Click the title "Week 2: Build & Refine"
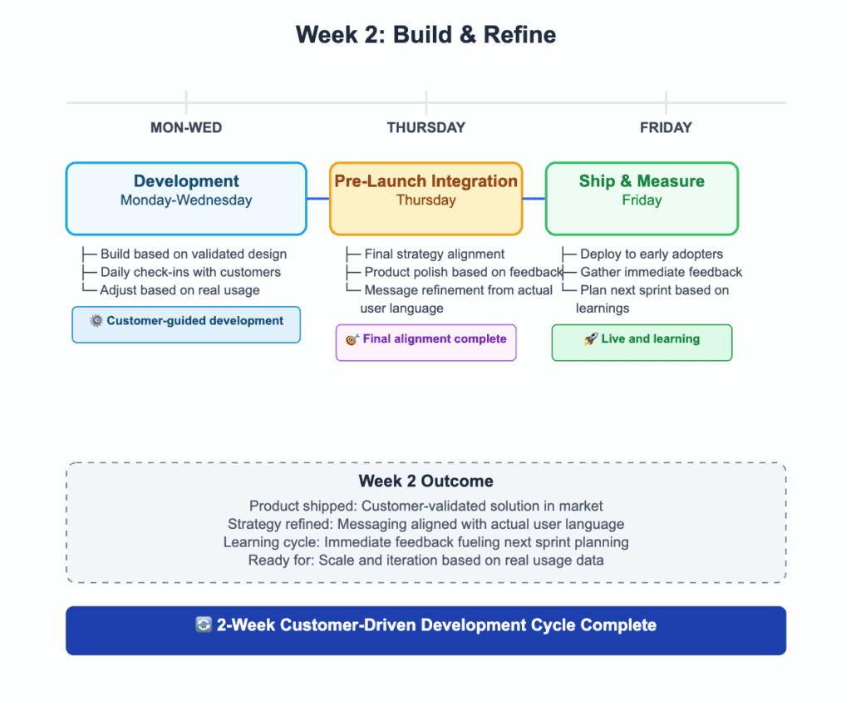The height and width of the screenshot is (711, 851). tap(425, 35)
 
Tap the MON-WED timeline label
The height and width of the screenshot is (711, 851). tap(186, 127)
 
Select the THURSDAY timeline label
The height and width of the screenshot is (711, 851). tap(425, 127)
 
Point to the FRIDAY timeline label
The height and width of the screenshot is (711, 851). tap(666, 127)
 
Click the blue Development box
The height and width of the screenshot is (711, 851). tap(186, 198)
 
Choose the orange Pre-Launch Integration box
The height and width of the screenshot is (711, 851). tap(425, 198)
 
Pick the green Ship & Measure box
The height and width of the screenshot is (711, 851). tap(642, 198)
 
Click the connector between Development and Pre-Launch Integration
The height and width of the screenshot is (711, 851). tap(318, 199)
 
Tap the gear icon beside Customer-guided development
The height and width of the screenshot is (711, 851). tap(96, 321)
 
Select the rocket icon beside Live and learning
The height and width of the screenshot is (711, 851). tap(591, 339)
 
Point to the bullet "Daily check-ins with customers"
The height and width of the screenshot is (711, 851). tap(190, 272)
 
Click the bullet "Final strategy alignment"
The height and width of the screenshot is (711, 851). tap(434, 254)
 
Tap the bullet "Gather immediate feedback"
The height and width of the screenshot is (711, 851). tap(661, 272)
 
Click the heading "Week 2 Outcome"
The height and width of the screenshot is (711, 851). tap(425, 481)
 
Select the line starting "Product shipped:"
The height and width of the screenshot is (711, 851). tap(425, 506)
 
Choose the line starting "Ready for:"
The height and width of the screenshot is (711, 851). tap(425, 560)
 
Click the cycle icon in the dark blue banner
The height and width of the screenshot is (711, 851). tap(204, 625)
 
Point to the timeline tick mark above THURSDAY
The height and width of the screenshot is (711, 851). tap(426, 103)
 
